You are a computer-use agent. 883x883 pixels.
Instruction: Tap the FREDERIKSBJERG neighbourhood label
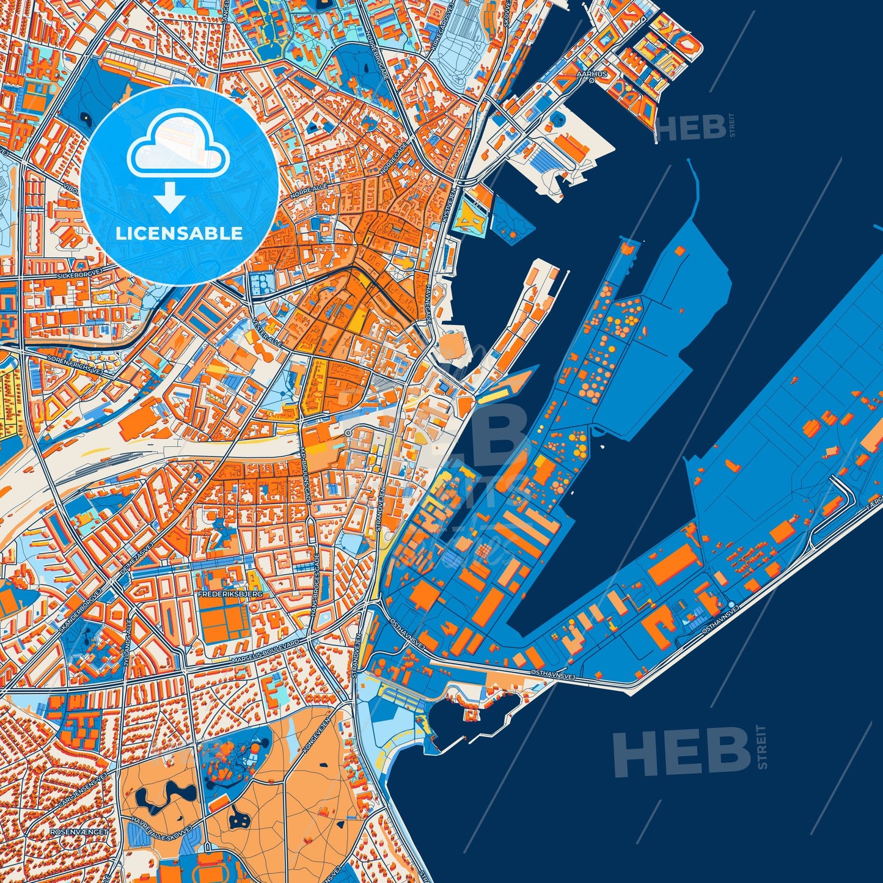222,593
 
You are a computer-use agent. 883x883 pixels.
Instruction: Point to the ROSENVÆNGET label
79,832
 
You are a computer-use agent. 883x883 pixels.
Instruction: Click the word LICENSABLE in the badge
179,233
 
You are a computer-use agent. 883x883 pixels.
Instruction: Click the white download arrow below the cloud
170,197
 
